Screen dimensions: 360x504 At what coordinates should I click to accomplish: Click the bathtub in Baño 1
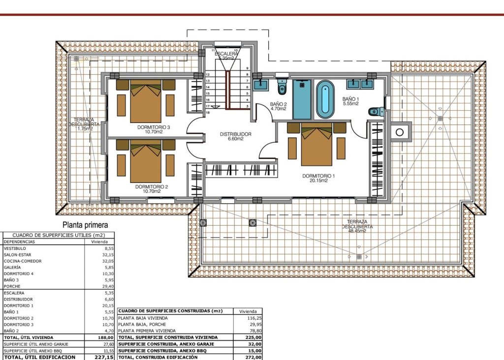[x=325, y=100]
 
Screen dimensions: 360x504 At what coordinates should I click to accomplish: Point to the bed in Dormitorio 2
[x=146, y=161]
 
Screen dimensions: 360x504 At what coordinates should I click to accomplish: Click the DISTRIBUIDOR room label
[x=235, y=134]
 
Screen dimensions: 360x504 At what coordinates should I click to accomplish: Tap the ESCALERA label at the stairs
[x=229, y=54]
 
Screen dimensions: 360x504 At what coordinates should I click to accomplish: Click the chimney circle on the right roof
[x=400, y=132]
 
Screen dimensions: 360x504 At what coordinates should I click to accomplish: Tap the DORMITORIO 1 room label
[x=318, y=176]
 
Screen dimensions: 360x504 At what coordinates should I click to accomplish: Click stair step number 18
[x=208, y=113]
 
